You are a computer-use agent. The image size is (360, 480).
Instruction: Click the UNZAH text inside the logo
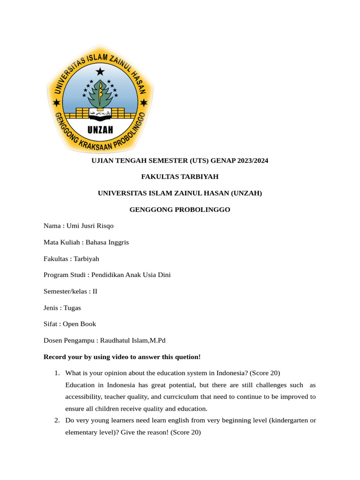click(100, 130)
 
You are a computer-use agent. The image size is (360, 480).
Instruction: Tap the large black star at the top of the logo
click(100, 72)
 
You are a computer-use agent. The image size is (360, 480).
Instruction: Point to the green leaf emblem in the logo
click(100, 94)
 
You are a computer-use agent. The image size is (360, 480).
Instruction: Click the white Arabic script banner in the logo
click(100, 113)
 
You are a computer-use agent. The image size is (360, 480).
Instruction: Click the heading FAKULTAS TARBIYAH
click(180, 177)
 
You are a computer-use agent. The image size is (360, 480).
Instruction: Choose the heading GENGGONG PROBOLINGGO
click(180, 210)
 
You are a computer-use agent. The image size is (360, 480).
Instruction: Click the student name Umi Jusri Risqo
click(90, 226)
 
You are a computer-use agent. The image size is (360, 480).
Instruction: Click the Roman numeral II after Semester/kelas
click(95, 291)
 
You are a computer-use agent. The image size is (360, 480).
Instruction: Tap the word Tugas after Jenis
click(72, 307)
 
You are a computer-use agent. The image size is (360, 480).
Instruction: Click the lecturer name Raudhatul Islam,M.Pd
click(133, 340)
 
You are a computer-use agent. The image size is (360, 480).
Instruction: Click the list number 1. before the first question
click(56, 373)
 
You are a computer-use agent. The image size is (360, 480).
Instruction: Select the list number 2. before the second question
click(56, 420)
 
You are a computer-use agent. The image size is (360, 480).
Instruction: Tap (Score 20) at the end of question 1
click(265, 373)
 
